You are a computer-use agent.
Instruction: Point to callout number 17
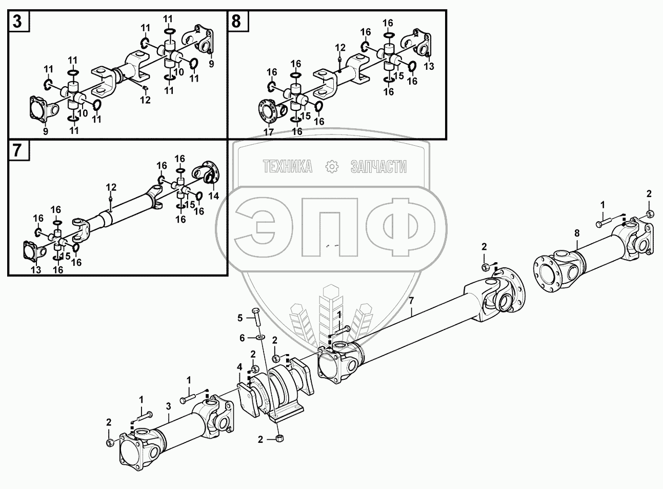click(269, 132)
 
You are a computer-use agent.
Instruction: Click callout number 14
click(213, 195)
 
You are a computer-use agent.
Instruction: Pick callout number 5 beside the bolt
click(239, 318)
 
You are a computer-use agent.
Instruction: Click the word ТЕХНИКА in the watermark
click(287, 166)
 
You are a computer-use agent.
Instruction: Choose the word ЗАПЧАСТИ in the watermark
click(378, 166)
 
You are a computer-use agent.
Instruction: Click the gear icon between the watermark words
click(332, 166)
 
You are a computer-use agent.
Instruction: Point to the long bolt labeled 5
click(257, 318)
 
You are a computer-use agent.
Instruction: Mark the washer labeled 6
click(260, 337)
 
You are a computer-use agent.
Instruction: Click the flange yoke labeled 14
click(205, 172)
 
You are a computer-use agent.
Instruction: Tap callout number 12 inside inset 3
click(146, 100)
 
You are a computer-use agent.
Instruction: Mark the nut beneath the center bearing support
click(279, 438)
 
